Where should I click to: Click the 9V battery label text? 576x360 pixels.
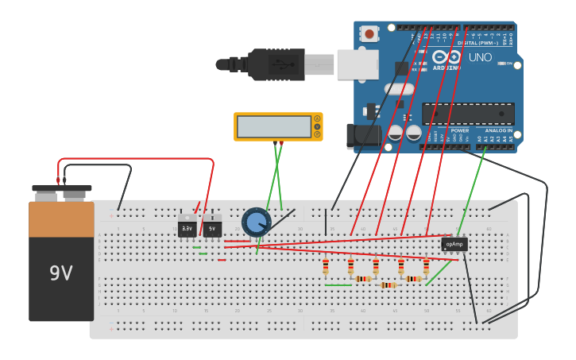(61, 273)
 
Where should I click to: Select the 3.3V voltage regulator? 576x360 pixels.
(187, 226)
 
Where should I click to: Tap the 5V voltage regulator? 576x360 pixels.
(212, 226)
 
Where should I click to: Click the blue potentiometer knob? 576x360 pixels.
(256, 222)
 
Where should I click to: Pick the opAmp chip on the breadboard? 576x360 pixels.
(454, 244)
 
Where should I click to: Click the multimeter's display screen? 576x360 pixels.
(274, 126)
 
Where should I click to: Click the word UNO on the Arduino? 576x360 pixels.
(480, 58)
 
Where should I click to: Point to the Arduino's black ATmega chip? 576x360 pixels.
(468, 113)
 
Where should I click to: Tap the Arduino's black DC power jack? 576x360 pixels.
(362, 136)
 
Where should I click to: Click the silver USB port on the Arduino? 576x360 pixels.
(357, 64)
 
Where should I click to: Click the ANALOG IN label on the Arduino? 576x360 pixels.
(499, 130)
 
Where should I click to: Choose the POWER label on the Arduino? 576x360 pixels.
(459, 130)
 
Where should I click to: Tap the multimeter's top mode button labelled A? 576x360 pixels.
(317, 118)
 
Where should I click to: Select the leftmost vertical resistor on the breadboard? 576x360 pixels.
(326, 266)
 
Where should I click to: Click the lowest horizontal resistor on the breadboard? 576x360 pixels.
(388, 285)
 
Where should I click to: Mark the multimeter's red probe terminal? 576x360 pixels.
(280, 143)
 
